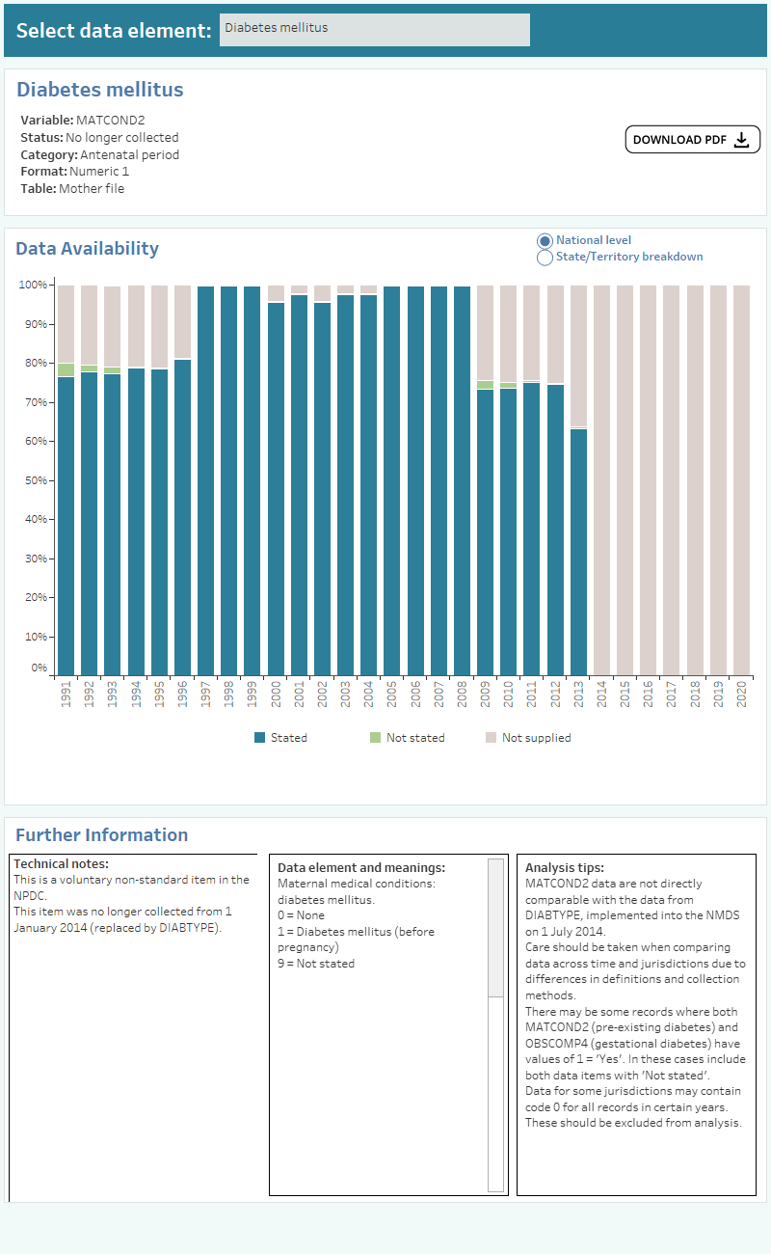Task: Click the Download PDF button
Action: click(692, 140)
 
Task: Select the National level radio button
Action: click(545, 240)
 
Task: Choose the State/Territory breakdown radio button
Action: click(545, 258)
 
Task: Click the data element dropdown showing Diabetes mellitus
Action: click(374, 29)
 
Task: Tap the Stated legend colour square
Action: click(259, 738)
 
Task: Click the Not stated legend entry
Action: click(414, 738)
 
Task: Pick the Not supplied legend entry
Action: click(536, 738)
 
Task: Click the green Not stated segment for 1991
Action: click(66, 369)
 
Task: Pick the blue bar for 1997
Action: click(205, 482)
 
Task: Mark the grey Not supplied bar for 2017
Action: click(671, 482)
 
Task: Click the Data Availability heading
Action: click(87, 249)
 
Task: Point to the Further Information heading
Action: click(101, 835)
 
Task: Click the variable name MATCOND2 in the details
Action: click(110, 121)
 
